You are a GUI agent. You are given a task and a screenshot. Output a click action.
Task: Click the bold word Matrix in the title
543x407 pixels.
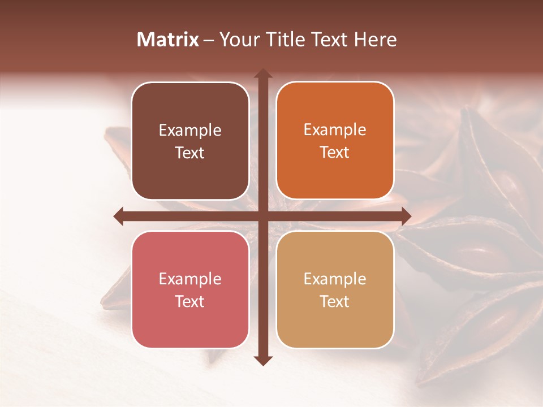(x=168, y=40)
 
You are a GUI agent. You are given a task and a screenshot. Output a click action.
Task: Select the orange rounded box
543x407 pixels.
(x=335, y=175)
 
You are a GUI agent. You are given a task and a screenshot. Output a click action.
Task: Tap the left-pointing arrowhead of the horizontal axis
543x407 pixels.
(x=119, y=216)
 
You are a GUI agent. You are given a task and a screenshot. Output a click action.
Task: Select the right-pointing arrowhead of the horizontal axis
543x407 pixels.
(x=406, y=216)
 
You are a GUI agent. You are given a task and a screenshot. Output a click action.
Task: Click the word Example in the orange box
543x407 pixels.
(x=335, y=130)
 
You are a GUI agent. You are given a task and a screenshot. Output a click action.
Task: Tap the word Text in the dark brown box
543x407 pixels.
(x=190, y=153)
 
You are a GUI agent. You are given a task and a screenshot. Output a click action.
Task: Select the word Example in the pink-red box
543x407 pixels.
(x=190, y=279)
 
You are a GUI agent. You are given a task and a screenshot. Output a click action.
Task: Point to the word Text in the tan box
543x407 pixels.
(x=335, y=301)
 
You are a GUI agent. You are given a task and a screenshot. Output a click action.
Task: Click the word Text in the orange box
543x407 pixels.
(x=335, y=152)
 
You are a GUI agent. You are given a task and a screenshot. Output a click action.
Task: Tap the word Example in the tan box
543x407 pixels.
(x=335, y=279)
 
